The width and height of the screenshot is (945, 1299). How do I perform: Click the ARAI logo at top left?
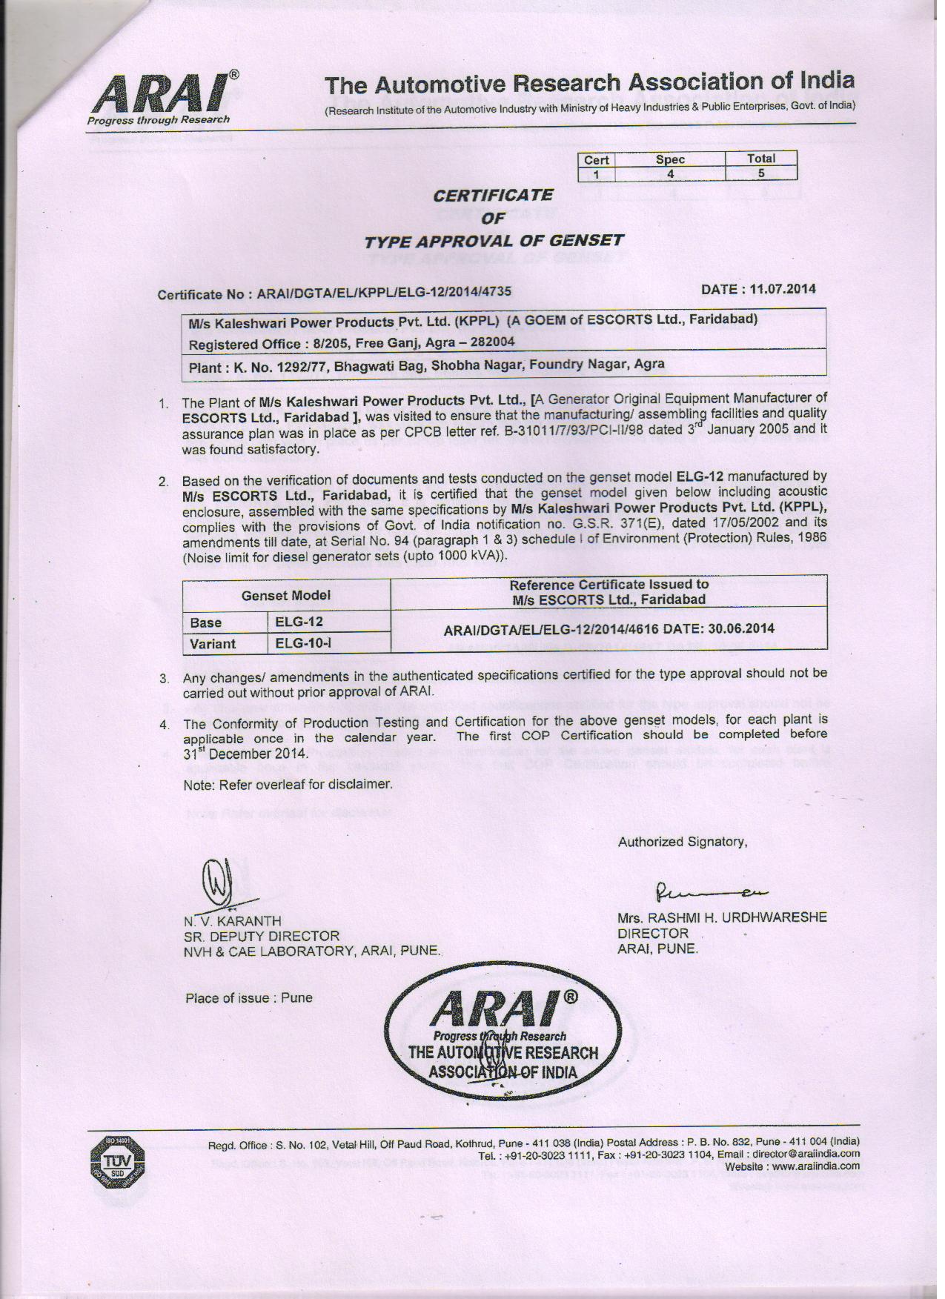pyautogui.click(x=162, y=99)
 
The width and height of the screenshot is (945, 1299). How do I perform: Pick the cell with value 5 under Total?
pyautogui.click(x=760, y=173)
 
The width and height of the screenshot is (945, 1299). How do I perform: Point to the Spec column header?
pyautogui.click(x=669, y=159)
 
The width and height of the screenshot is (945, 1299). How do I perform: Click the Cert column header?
pyautogui.click(x=596, y=159)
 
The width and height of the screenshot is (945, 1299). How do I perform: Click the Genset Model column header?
pyautogui.click(x=286, y=595)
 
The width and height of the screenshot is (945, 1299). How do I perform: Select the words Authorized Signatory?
pyautogui.click(x=682, y=842)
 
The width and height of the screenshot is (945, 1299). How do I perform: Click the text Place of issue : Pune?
pyautogui.click(x=248, y=997)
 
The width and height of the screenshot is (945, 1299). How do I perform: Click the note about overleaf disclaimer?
pyautogui.click(x=287, y=784)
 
